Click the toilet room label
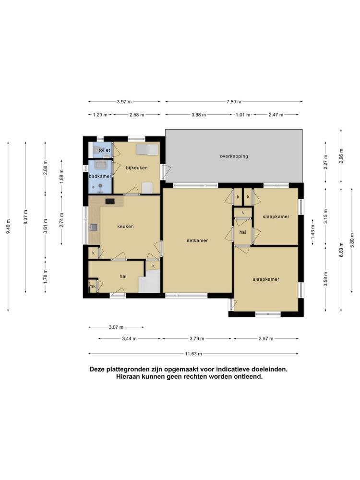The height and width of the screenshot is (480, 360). pos(104,150)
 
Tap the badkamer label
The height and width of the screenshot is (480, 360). pos(100,176)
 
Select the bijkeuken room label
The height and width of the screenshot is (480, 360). pos(137,168)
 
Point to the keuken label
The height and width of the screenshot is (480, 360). pos(125,226)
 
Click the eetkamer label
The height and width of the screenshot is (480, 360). pos(197,240)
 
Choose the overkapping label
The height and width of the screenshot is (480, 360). pos(234,156)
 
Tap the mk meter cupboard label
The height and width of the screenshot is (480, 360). pos(93,286)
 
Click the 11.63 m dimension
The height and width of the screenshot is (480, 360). pos(193,354)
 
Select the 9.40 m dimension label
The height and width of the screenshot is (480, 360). pos(8,227)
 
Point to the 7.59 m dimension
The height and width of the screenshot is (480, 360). pos(234,102)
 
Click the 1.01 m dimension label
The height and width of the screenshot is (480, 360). pos(243,115)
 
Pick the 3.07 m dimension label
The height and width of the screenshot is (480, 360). pos(116,327)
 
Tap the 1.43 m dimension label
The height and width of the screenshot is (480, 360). pos(313,232)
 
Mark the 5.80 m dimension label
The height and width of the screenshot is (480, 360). pos(352,240)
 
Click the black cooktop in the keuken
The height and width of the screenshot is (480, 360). pos(110,201)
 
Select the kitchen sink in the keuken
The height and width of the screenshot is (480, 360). pos(94,227)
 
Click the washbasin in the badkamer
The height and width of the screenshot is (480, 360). pos(100,165)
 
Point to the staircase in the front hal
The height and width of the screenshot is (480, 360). pos(149,281)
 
